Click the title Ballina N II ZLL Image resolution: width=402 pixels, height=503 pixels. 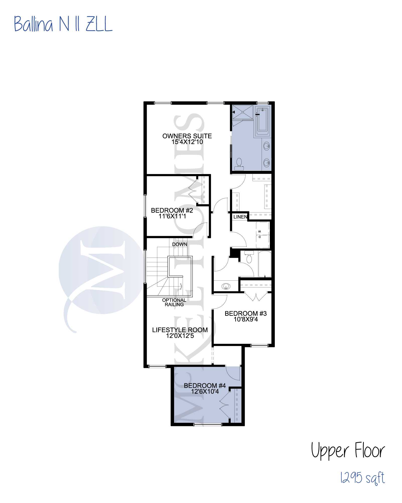coord(63,24)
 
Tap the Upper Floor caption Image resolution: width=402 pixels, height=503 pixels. coord(348,450)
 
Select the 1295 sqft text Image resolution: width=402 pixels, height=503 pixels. coord(363,478)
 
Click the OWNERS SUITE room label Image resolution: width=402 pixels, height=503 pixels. coord(187,136)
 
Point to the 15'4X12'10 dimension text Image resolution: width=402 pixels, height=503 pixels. coord(187,142)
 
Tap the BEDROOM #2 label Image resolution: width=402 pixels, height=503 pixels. coord(172,210)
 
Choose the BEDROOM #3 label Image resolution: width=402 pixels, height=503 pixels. coord(246,313)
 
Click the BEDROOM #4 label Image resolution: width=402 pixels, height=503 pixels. coord(205,386)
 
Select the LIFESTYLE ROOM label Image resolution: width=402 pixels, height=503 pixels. coord(180,330)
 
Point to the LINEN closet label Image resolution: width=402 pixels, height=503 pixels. coord(240,217)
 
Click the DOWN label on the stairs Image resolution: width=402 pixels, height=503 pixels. coord(180,244)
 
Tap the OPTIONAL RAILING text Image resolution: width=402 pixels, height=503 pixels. coord(174,302)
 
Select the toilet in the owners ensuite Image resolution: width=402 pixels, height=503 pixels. coord(239,164)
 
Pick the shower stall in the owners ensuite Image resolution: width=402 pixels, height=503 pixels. coord(242,112)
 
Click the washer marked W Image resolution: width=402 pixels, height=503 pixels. coord(263,228)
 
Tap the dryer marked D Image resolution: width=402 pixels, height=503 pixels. coord(263,241)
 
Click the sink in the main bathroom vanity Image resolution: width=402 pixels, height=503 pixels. coord(226,286)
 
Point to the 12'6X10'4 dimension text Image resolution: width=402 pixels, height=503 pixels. coord(205,391)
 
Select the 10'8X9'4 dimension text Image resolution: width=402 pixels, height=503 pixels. coord(246,319)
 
